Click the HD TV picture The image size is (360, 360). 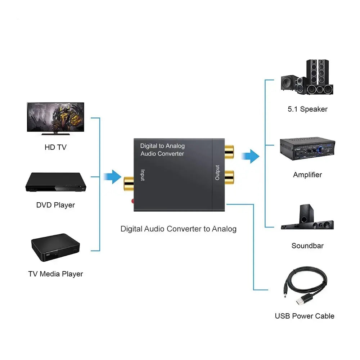point(55,119)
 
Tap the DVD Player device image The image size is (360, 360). point(55,183)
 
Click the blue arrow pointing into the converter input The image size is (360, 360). point(112,177)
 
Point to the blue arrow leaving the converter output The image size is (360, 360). point(250,156)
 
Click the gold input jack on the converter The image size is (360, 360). point(129,183)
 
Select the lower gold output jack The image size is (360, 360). point(229,176)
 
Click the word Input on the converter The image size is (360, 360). point(143,175)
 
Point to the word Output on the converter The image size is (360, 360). point(217,172)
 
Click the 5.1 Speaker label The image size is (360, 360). point(307,109)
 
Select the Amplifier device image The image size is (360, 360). point(307,148)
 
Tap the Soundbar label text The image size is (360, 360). point(307,246)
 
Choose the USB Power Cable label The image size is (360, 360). point(305,316)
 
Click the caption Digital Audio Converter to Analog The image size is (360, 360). point(178,229)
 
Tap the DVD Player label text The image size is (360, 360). point(55,205)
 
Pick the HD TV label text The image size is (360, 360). point(55,147)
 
